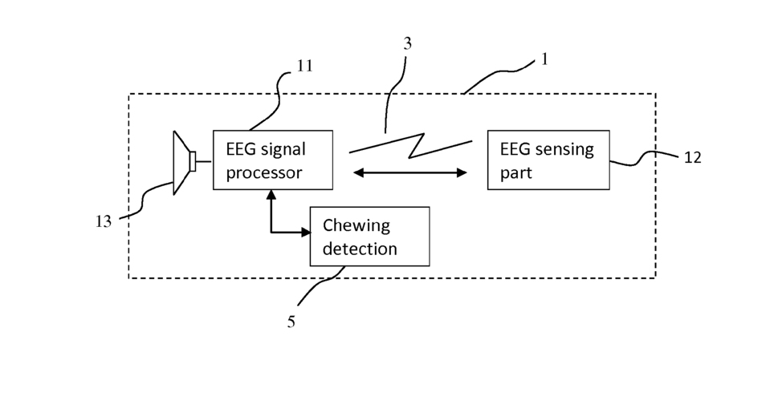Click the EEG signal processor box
pyautogui.click(x=273, y=160)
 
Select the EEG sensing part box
pyautogui.click(x=548, y=160)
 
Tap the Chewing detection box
pyautogui.click(x=369, y=237)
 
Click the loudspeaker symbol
pyautogui.click(x=184, y=163)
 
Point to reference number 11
pyautogui.click(x=304, y=66)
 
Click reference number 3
pyautogui.click(x=407, y=43)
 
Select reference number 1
pyautogui.click(x=544, y=59)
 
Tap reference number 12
pyautogui.click(x=693, y=158)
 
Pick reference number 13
pyautogui.click(x=104, y=221)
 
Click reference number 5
pyautogui.click(x=291, y=322)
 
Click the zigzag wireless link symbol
pyautogui.click(x=411, y=145)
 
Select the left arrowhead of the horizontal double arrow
pyautogui.click(x=358, y=172)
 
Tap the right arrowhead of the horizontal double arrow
pyautogui.click(x=462, y=172)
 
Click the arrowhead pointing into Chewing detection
pyautogui.click(x=306, y=232)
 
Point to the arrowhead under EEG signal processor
pyautogui.click(x=271, y=195)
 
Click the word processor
pyautogui.click(x=264, y=173)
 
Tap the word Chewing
pyautogui.click(x=356, y=225)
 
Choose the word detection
pyautogui.click(x=360, y=249)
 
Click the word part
pyautogui.click(x=516, y=173)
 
